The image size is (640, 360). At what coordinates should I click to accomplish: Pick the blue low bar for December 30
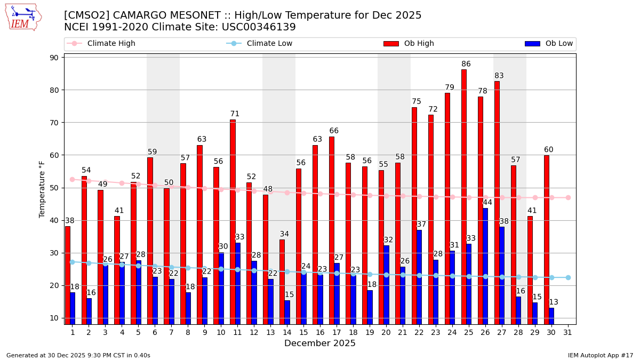pyautogui.click(x=551, y=316)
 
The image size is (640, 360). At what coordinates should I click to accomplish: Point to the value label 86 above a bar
pyautogui.click(x=466, y=65)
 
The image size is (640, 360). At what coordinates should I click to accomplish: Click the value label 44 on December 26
pyautogui.click(x=487, y=203)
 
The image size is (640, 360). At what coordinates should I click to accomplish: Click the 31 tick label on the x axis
pyautogui.click(x=568, y=332)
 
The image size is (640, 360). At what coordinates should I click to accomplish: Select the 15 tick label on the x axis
pyautogui.click(x=303, y=332)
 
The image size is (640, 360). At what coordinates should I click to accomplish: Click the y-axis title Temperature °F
pyautogui.click(x=42, y=189)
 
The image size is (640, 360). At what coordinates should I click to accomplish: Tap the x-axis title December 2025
pyautogui.click(x=319, y=343)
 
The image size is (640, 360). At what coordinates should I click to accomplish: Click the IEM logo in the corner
pyautogui.click(x=23, y=17)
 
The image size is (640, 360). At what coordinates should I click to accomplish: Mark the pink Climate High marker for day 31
pyautogui.click(x=568, y=197)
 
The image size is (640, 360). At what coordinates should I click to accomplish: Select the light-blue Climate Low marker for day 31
pyautogui.click(x=568, y=277)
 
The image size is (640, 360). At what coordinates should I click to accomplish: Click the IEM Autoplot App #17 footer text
pyautogui.click(x=600, y=355)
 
